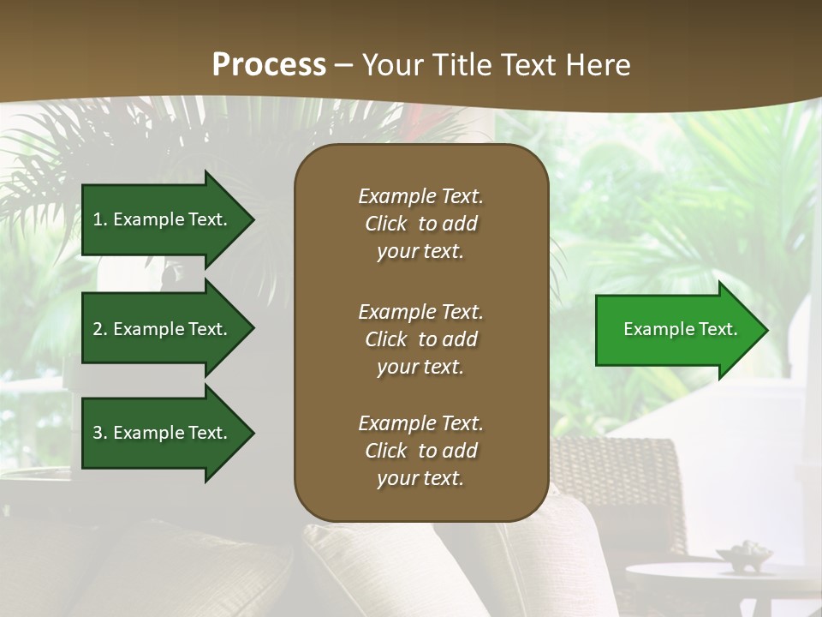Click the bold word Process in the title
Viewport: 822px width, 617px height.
[269, 65]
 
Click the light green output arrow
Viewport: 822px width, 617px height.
[676, 330]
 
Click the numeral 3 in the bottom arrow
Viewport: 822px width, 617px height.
[98, 433]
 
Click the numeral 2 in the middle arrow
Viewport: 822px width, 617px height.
[98, 329]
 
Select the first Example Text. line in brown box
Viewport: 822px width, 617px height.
[420, 196]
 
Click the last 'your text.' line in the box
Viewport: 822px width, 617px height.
[420, 478]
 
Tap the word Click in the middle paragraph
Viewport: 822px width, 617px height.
[385, 339]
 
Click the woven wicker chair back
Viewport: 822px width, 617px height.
[625, 480]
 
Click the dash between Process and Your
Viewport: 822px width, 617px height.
[344, 65]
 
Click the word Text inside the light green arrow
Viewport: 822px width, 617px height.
[718, 329]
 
